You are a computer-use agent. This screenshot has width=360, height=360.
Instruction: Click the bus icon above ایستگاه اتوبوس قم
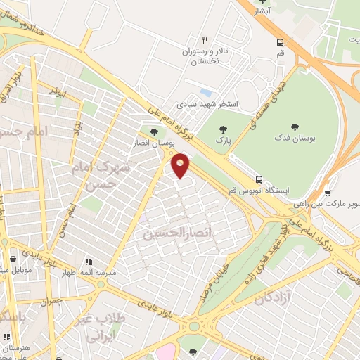tap(259, 179)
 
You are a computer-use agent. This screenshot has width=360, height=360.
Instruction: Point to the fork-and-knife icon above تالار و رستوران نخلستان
tap(205, 40)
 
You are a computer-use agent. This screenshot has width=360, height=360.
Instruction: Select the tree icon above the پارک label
tap(224, 129)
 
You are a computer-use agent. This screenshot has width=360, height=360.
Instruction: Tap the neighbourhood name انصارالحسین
tap(167, 233)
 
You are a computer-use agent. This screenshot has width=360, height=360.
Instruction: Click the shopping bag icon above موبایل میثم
tap(6, 259)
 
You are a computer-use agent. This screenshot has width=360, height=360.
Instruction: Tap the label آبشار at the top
tap(262, 11)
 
